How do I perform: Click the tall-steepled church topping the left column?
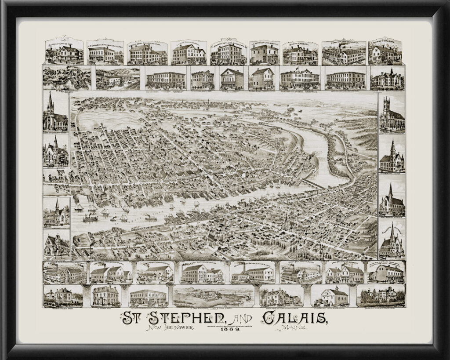pyautogui.click(x=55, y=113)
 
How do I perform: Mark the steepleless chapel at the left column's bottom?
pyautogui.click(x=56, y=246)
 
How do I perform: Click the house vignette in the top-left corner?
pyautogui.click(x=64, y=52)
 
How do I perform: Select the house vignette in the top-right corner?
pyautogui.click(x=385, y=52)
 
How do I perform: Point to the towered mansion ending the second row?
pyautogui.click(x=387, y=78)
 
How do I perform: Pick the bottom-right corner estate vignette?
pyautogui.click(x=381, y=296)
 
